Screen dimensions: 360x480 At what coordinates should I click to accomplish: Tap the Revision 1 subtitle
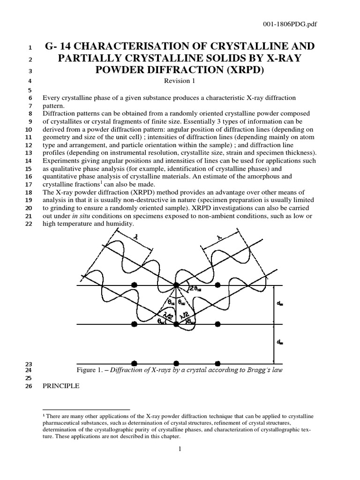pyautogui.click(x=180, y=81)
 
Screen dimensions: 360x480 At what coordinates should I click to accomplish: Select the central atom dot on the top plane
pyautogui.click(x=176, y=285)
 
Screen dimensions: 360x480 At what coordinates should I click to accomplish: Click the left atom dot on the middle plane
pyautogui.click(x=135, y=324)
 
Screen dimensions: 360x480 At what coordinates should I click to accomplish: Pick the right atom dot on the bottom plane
pyautogui.click(x=217, y=363)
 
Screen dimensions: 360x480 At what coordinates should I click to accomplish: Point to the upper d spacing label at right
pyautogui.click(x=280, y=304)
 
